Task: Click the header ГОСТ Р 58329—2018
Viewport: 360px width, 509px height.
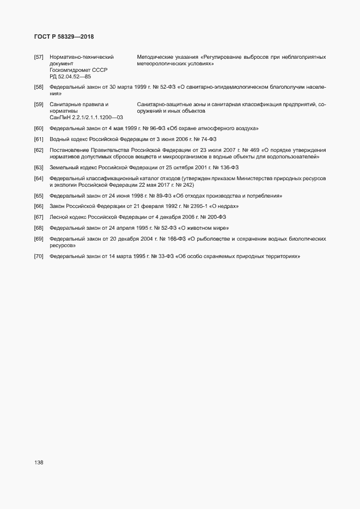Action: pyautogui.click(x=63, y=37)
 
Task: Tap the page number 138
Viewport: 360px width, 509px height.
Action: pyautogui.click(x=39, y=462)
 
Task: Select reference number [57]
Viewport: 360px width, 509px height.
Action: pyautogui.click(x=39, y=57)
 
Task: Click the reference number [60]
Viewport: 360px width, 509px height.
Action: pyautogui.click(x=39, y=128)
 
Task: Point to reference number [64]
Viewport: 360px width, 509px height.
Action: pyautogui.click(x=39, y=179)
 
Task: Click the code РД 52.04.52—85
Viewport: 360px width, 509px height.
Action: pyautogui.click(x=70, y=77)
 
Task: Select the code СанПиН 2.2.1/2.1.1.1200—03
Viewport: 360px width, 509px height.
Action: pyautogui.click(x=86, y=117)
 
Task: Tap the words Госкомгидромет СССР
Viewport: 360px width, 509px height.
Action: pyautogui.click(x=78, y=70)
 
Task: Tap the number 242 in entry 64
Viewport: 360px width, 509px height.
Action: pyautogui.click(x=177, y=185)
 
